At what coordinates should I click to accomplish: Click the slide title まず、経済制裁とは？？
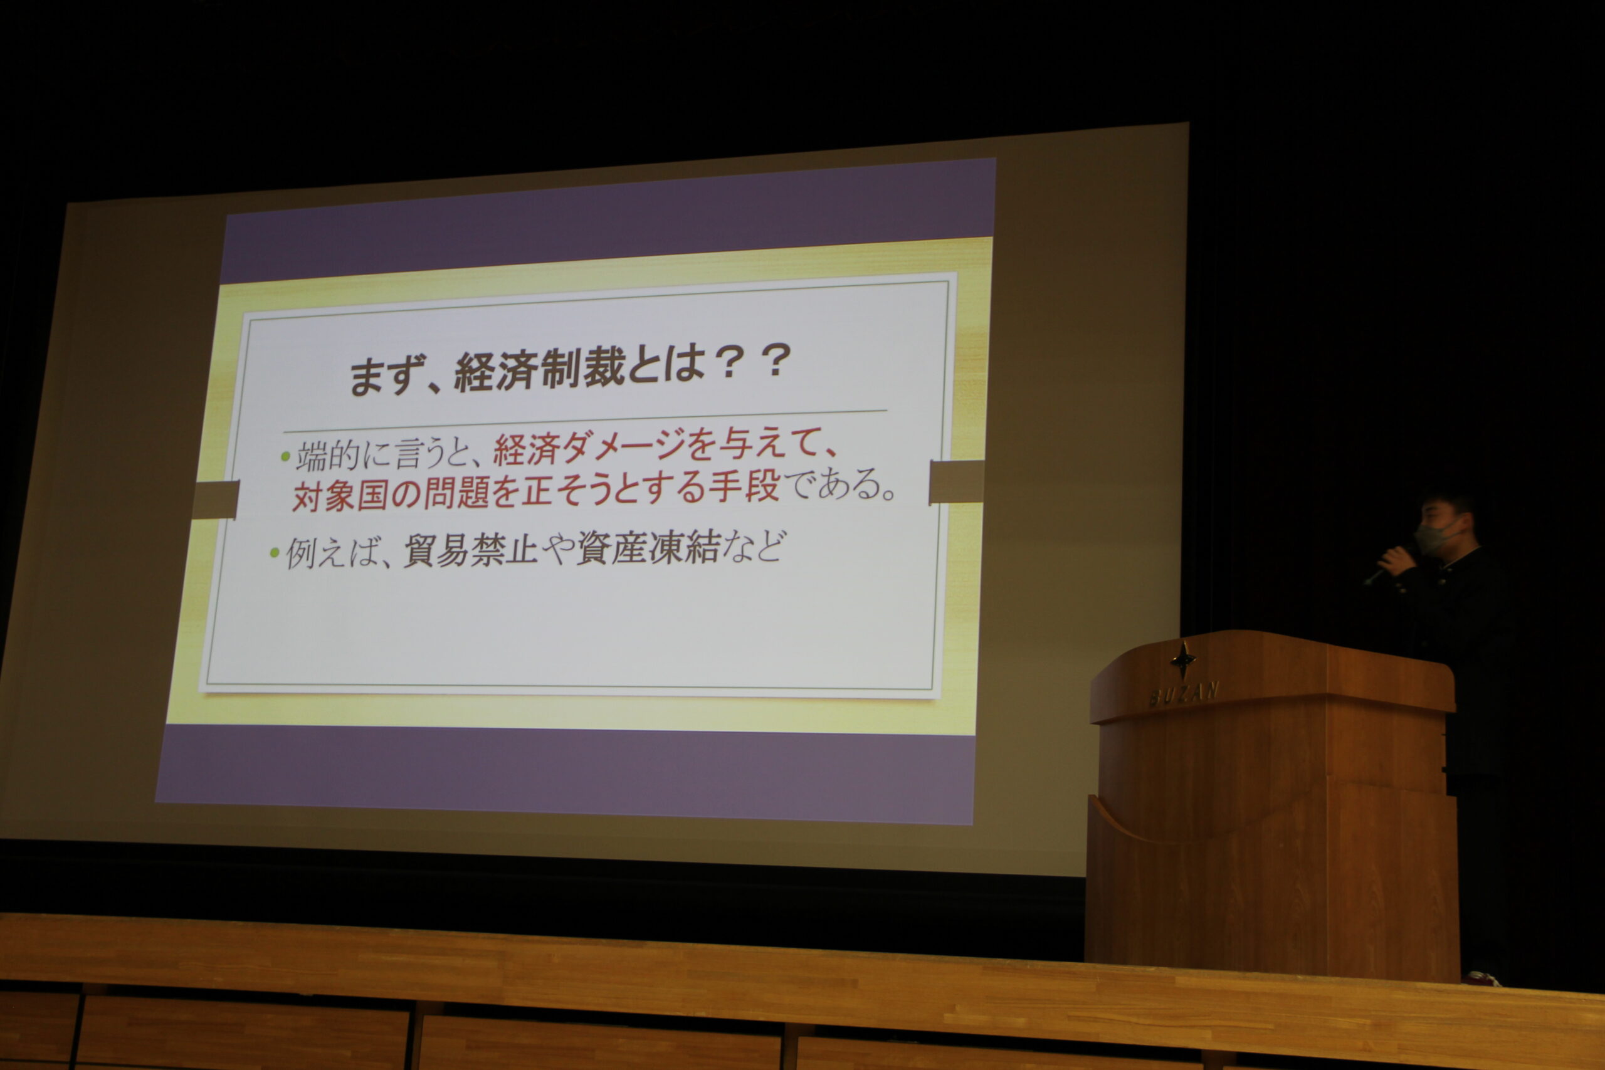571,370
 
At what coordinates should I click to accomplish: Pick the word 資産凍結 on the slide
648,547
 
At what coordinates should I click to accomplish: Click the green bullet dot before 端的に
285,456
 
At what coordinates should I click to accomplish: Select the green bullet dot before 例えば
275,552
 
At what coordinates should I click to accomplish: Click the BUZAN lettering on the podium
1183,694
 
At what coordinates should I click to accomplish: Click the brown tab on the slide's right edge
957,482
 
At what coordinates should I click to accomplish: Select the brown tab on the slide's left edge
216,500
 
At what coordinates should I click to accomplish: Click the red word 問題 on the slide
456,493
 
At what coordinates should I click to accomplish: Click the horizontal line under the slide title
585,422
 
